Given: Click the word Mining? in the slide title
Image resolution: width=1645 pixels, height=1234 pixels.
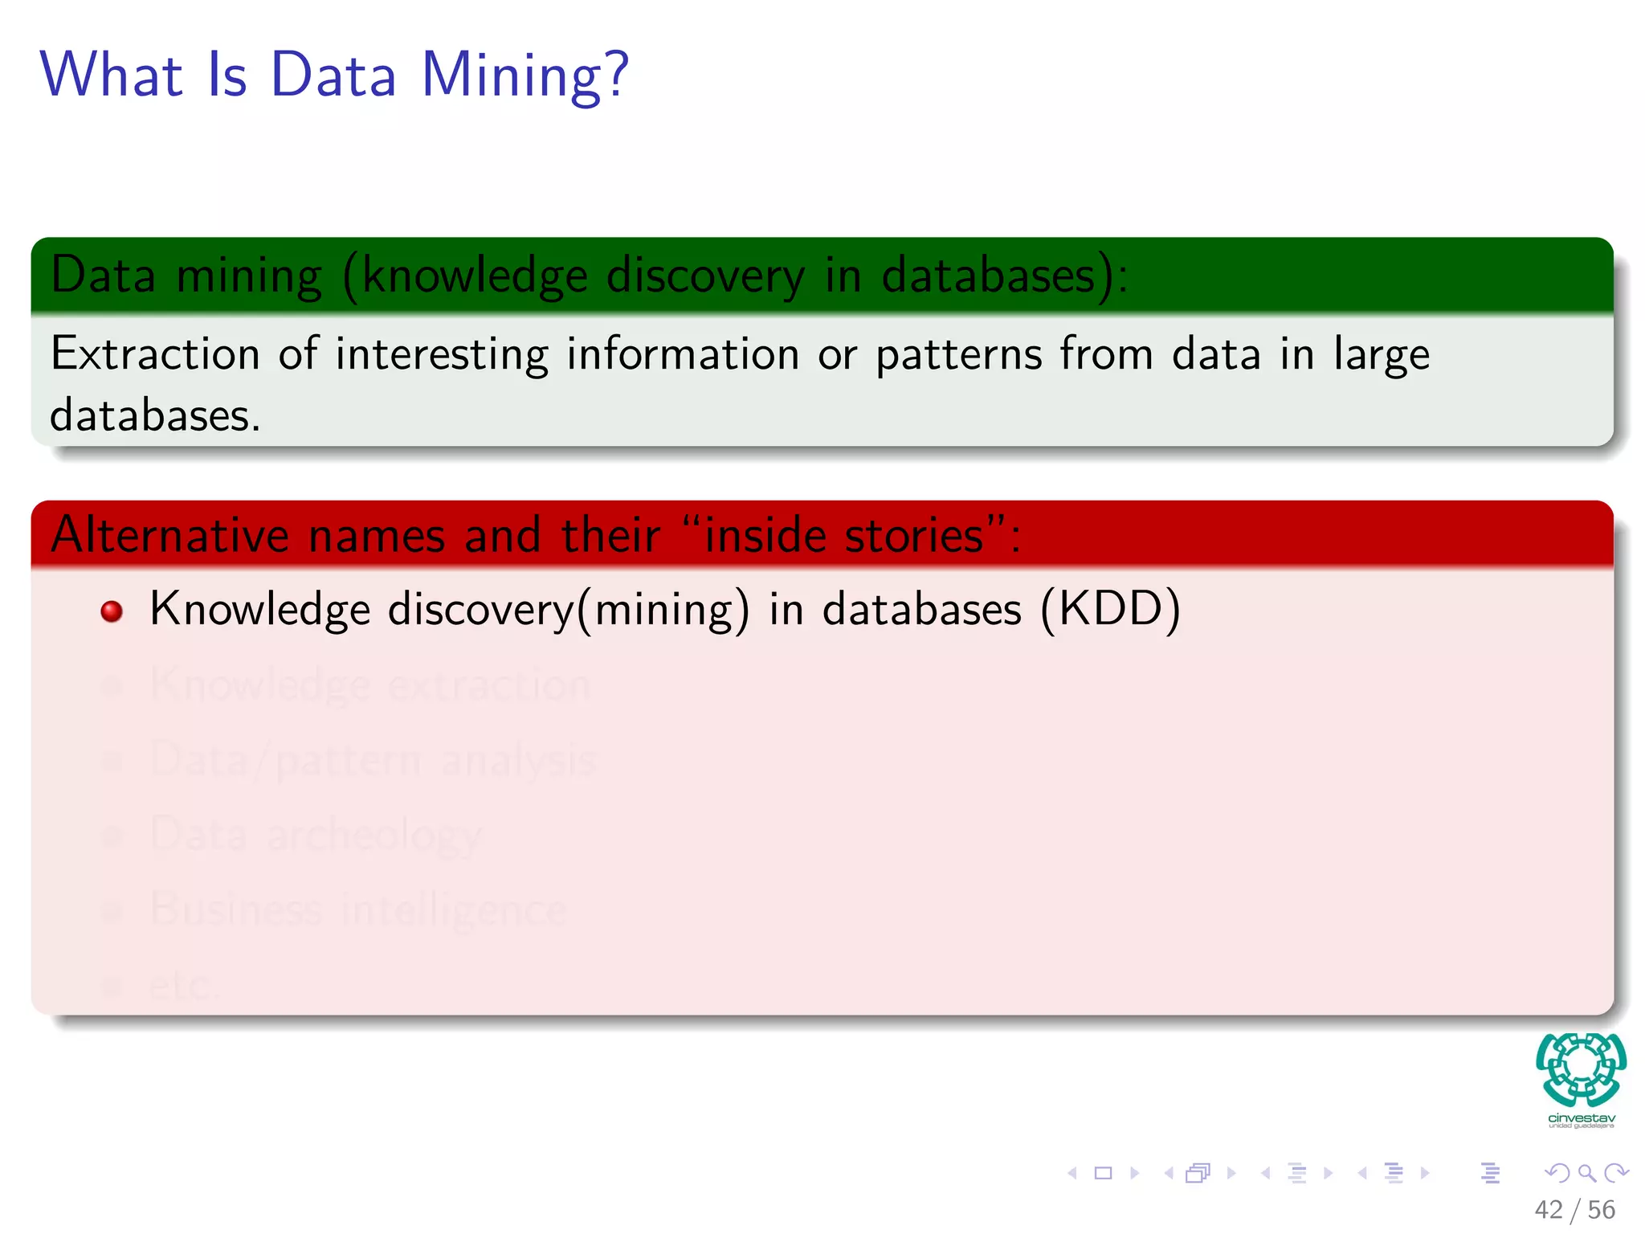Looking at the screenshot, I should click(x=525, y=76).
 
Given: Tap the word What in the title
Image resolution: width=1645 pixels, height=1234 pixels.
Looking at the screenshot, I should click(x=112, y=75).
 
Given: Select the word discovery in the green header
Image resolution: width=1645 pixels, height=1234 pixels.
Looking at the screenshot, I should click(x=705, y=276).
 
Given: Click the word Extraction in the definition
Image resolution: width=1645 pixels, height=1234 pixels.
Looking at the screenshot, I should click(x=155, y=354).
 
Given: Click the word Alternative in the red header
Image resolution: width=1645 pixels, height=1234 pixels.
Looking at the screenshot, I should click(x=169, y=535).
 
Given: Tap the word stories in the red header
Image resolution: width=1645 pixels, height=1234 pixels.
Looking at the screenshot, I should click(x=914, y=535).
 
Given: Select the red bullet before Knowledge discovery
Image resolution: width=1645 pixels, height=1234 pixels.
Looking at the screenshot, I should click(x=112, y=611).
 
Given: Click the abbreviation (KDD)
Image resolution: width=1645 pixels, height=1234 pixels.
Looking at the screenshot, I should click(x=1110, y=609).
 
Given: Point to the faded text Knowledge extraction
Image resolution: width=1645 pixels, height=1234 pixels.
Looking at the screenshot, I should click(x=370, y=685).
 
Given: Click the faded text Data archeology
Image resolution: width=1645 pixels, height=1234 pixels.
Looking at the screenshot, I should click(x=316, y=835).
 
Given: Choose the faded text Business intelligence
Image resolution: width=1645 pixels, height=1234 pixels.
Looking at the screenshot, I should click(x=358, y=909).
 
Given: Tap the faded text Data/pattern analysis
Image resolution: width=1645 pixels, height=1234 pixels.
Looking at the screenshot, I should click(x=373, y=760).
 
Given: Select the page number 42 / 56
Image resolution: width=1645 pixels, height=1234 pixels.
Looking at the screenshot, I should click(x=1574, y=1210).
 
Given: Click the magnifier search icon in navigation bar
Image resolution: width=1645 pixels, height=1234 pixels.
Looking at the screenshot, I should click(x=1586, y=1174).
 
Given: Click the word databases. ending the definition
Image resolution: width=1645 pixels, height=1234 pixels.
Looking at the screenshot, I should click(x=155, y=416).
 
